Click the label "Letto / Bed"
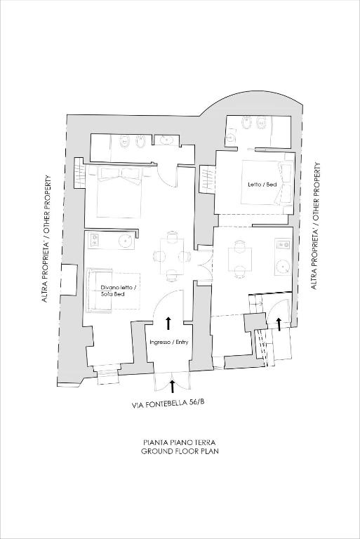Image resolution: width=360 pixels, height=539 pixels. [x=262, y=185]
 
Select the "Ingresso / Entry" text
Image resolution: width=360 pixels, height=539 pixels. [x=169, y=342]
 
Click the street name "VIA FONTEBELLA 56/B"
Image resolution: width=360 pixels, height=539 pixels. [x=168, y=404]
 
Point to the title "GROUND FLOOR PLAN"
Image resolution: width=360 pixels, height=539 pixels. [x=180, y=451]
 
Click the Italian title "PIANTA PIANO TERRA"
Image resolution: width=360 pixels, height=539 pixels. [x=180, y=442]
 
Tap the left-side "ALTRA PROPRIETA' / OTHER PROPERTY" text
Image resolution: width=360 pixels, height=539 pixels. [x=46, y=239]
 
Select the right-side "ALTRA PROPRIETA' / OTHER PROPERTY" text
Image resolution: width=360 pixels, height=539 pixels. [x=315, y=226]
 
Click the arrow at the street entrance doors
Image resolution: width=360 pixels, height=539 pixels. [x=172, y=386]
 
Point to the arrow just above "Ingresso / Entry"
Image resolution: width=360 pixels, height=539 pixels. [x=168, y=324]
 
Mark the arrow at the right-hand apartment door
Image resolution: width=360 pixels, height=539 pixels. [x=279, y=324]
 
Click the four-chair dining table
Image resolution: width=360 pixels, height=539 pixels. [x=171, y=256]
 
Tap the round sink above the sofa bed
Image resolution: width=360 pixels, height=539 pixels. [x=126, y=240]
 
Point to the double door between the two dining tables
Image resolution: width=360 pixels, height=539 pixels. [x=204, y=263]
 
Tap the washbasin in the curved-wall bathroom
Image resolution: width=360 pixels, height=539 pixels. [x=230, y=138]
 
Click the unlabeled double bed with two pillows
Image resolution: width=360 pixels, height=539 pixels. [x=119, y=192]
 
